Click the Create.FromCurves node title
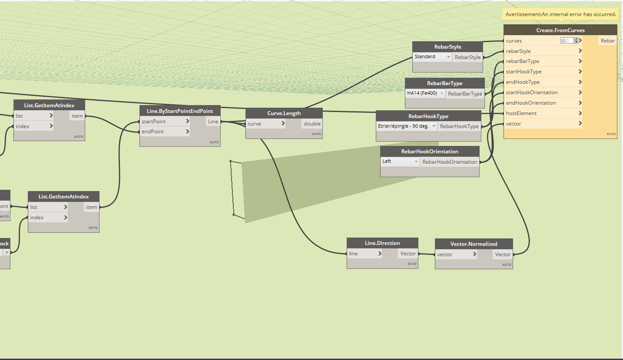560,30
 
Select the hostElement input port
521,113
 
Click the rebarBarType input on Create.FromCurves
522,61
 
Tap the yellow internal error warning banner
560,14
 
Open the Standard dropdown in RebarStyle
432,57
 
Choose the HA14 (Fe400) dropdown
425,93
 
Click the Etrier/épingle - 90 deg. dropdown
406,126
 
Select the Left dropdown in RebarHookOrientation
400,162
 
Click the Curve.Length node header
284,113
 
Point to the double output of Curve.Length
312,124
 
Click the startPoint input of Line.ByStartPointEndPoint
154,121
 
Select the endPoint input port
152,132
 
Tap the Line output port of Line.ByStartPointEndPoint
213,121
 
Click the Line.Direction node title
382,243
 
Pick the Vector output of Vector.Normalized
503,254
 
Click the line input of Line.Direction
353,254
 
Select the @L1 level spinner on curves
570,40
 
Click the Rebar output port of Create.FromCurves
607,41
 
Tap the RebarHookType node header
428,116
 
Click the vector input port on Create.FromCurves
514,124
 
